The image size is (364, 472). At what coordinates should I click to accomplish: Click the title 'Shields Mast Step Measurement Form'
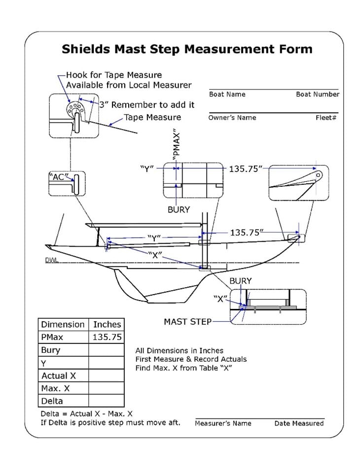point(187,49)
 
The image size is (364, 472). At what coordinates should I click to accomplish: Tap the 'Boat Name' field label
point(227,94)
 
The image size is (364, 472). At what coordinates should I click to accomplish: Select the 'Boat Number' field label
point(317,94)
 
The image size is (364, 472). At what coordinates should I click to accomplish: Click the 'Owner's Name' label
point(232,118)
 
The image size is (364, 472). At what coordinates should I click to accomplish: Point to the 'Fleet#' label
point(326,118)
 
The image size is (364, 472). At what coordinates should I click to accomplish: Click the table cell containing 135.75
point(107,337)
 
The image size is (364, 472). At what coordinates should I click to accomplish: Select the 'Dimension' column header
point(63,325)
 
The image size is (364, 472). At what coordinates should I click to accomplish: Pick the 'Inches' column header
point(107,325)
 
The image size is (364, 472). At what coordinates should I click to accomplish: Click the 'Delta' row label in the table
point(52,401)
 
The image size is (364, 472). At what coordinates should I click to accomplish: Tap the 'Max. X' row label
point(55,388)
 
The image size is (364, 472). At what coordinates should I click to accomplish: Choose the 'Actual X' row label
point(58,376)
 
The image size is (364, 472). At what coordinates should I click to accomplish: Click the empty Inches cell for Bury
point(107,350)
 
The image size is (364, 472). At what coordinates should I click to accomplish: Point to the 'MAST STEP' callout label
point(187,322)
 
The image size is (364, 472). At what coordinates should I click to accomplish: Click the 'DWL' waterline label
point(51,260)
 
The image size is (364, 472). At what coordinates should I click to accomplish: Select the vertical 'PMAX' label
point(176,144)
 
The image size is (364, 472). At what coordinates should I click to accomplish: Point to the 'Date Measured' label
point(299,423)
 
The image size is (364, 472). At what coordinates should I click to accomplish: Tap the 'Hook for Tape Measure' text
point(114,75)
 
